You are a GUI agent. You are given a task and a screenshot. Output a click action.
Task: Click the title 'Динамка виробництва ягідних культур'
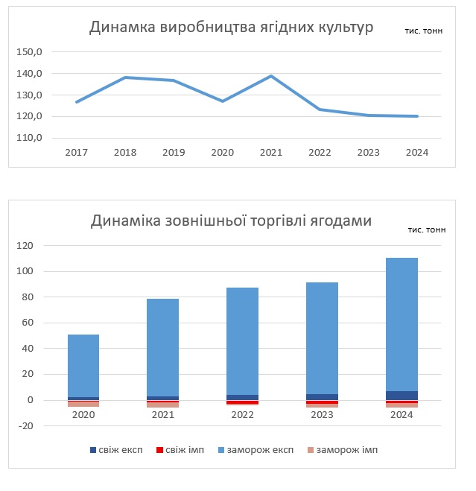coord(231,28)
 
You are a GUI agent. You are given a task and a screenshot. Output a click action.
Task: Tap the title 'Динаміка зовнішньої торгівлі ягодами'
coord(231,221)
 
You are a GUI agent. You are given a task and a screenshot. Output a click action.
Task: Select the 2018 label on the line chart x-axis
coord(125,153)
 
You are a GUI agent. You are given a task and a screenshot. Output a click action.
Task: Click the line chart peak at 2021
coord(271,76)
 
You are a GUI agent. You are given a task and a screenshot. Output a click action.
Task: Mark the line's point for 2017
coord(77,102)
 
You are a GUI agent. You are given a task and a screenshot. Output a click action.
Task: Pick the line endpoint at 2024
coord(417,116)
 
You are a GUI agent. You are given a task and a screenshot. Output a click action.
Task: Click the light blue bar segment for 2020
coord(83,365)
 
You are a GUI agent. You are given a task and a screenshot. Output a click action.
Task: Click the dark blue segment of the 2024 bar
coord(402,396)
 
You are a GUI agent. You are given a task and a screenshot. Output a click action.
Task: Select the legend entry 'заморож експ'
coord(258,450)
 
